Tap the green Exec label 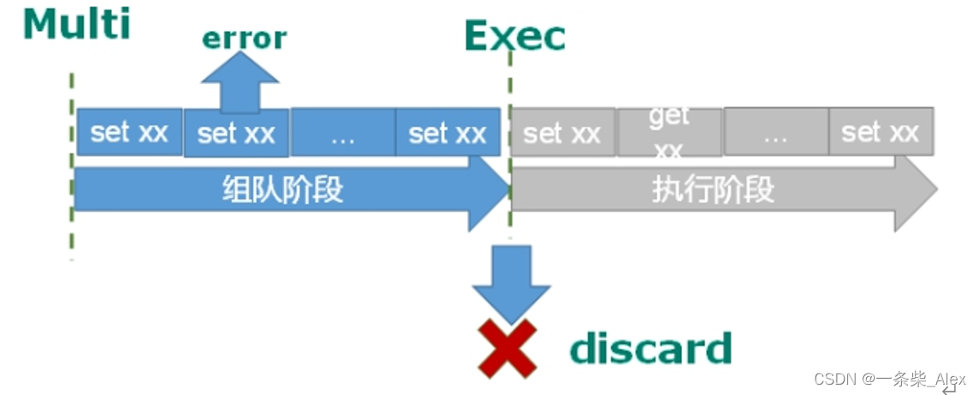tap(514, 36)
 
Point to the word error tap(244, 38)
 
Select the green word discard tap(650, 349)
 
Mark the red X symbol tap(508, 349)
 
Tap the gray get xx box tap(669, 132)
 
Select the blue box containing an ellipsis tap(342, 133)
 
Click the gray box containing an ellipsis tap(775, 132)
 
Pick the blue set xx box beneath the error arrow tap(236, 135)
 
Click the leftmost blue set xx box tap(129, 132)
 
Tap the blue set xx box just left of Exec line tap(448, 133)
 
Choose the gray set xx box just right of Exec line tap(562, 132)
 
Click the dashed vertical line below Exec tap(511, 86)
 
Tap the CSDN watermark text tap(889, 379)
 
